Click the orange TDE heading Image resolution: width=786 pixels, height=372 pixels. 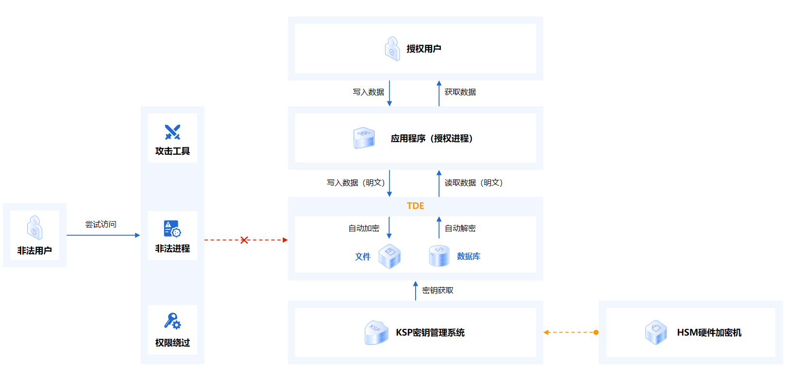click(x=415, y=206)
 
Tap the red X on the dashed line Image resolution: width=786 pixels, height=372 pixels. click(x=244, y=240)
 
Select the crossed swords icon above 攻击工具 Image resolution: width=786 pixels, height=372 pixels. click(x=172, y=132)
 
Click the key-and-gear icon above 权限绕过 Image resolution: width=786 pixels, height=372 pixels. click(x=172, y=321)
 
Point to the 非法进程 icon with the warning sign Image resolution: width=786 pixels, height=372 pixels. click(x=172, y=228)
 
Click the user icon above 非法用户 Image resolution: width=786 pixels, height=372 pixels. click(x=34, y=228)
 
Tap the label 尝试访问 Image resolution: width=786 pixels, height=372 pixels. click(x=100, y=224)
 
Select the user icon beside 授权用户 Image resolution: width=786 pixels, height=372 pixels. click(x=392, y=49)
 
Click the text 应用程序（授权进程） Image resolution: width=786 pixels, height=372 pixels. click(x=432, y=138)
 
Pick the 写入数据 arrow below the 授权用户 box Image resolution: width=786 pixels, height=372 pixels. click(x=389, y=93)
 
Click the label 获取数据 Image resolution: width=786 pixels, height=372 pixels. click(x=460, y=92)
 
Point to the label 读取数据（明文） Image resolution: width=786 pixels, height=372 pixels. click(x=473, y=183)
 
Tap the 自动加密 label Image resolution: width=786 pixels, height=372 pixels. click(x=364, y=228)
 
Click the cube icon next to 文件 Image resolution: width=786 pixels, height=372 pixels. click(x=389, y=256)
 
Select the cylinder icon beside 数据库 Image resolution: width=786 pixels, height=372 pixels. click(x=439, y=256)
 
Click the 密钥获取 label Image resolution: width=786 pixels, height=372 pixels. click(x=437, y=290)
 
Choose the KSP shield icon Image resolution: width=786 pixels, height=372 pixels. click(x=376, y=332)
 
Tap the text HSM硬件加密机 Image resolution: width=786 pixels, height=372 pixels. click(x=709, y=332)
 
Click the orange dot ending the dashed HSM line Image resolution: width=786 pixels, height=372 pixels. click(x=596, y=332)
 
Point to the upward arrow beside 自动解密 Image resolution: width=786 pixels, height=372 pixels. click(x=439, y=227)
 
